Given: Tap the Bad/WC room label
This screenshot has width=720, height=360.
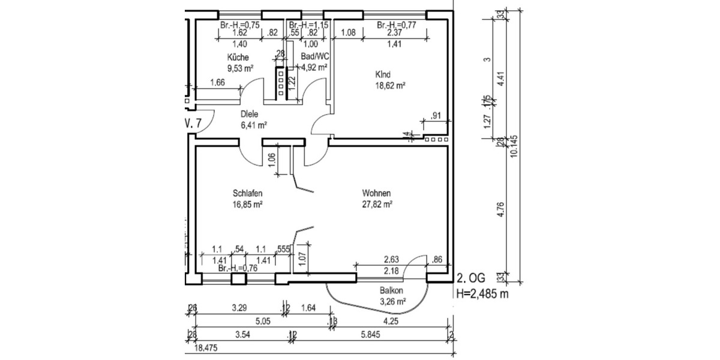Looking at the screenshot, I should click(315, 56).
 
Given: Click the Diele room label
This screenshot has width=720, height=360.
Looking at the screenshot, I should click(250, 114).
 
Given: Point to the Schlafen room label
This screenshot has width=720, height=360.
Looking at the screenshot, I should click(248, 194).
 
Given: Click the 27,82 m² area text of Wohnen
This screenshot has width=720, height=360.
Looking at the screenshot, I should click(377, 205).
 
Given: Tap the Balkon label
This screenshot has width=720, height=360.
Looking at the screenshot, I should click(391, 291).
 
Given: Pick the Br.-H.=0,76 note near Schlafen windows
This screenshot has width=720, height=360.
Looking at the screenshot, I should click(238, 269).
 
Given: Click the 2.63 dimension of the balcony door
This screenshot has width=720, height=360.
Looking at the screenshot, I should click(391, 260).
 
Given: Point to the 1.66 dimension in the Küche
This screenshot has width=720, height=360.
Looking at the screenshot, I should click(217, 83).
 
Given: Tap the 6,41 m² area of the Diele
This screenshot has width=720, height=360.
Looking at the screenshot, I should click(253, 125).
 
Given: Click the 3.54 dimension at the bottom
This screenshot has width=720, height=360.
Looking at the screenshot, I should click(243, 334).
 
